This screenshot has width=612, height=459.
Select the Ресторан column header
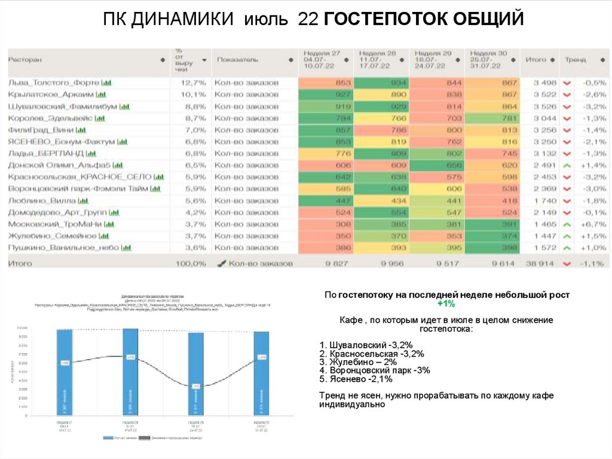pos(25,60)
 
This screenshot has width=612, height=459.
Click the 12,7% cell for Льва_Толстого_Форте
pos(192,83)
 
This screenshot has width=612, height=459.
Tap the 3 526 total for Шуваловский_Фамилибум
pos(544,107)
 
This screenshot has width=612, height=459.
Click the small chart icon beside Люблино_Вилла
pos(83,200)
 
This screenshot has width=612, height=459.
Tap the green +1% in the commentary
pos(448,304)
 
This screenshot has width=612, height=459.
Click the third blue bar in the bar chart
pos(195,373)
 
